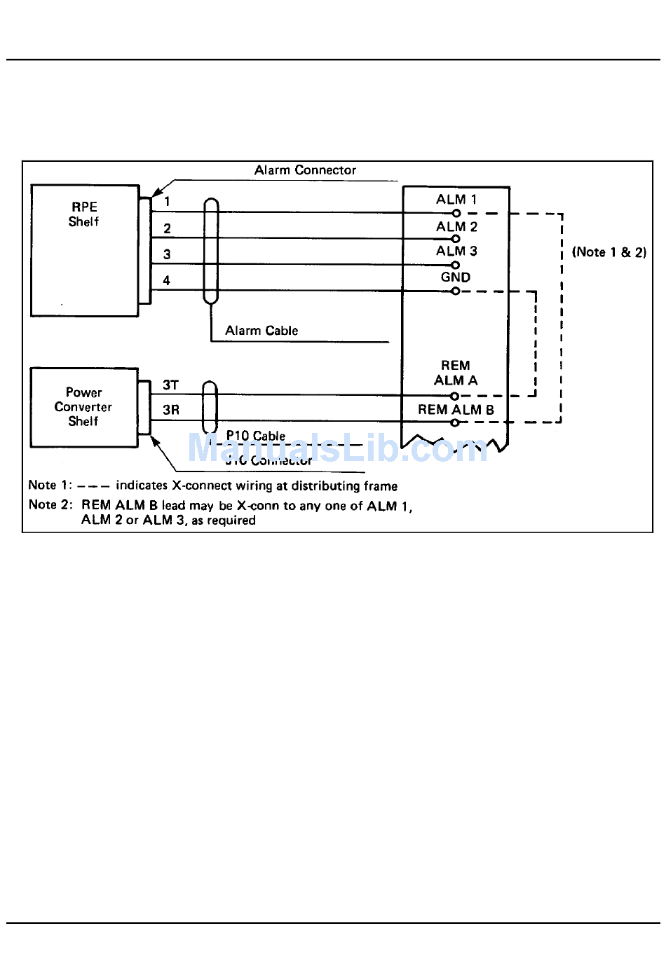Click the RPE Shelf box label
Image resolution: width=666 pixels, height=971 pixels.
tap(83, 214)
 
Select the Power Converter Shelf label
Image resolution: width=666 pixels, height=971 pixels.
tap(83, 407)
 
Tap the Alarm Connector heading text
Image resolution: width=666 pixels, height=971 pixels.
tap(305, 170)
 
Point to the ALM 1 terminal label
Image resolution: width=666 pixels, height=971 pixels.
tap(456, 200)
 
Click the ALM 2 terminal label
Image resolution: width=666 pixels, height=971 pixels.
tap(456, 227)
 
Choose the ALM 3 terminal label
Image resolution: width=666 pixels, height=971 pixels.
tap(456, 252)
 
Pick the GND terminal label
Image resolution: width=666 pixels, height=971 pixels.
tap(456, 277)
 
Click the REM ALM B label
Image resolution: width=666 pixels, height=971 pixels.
tap(456, 410)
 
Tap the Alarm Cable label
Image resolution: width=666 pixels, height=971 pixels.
tap(261, 331)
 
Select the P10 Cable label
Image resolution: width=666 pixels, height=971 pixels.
tap(256, 436)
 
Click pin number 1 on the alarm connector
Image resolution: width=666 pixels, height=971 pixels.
tap(167, 202)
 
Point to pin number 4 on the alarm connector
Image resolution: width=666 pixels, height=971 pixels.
tap(167, 281)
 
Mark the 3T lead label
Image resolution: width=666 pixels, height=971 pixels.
tap(170, 385)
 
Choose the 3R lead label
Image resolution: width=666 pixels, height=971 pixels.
tap(170, 411)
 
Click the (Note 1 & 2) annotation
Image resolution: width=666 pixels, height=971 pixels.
tap(609, 252)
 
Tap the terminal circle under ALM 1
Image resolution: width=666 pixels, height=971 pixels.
tap(456, 213)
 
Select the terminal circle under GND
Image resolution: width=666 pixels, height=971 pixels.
tap(456, 291)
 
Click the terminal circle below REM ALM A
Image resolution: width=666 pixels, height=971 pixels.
tap(455, 396)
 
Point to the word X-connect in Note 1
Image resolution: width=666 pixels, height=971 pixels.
tap(200, 486)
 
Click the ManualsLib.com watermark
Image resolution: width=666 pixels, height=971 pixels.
tap(337, 448)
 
